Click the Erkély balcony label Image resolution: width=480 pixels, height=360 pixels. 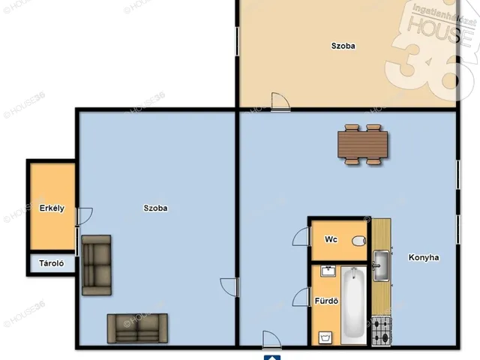tap(52, 208)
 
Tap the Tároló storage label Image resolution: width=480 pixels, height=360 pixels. tap(52, 263)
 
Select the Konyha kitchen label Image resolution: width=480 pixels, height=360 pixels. tap(424, 257)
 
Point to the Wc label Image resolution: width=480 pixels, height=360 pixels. tap(331, 239)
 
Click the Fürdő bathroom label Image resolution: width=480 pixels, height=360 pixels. tap(326, 301)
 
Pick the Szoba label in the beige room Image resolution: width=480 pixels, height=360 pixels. tap(343, 46)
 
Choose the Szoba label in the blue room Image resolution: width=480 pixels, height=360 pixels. tap(155, 208)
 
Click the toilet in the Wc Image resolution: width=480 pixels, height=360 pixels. tap(358, 241)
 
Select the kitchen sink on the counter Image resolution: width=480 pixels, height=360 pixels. tap(381, 265)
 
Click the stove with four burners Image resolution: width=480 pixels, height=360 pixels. tap(382, 331)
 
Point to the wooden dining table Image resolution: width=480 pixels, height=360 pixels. tap(363, 145)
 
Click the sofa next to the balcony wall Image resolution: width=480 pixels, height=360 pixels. tap(97, 265)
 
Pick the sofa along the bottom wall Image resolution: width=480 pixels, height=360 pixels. tap(137, 328)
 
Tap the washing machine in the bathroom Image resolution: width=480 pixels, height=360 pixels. tap(325, 337)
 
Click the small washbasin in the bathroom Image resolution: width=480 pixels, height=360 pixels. tap(328, 271)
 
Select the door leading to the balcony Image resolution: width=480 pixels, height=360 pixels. tap(84, 217)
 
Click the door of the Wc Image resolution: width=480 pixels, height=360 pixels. tap(301, 236)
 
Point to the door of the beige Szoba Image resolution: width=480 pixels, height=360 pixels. tap(280, 101)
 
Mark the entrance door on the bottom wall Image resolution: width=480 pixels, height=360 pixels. tap(271, 340)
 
